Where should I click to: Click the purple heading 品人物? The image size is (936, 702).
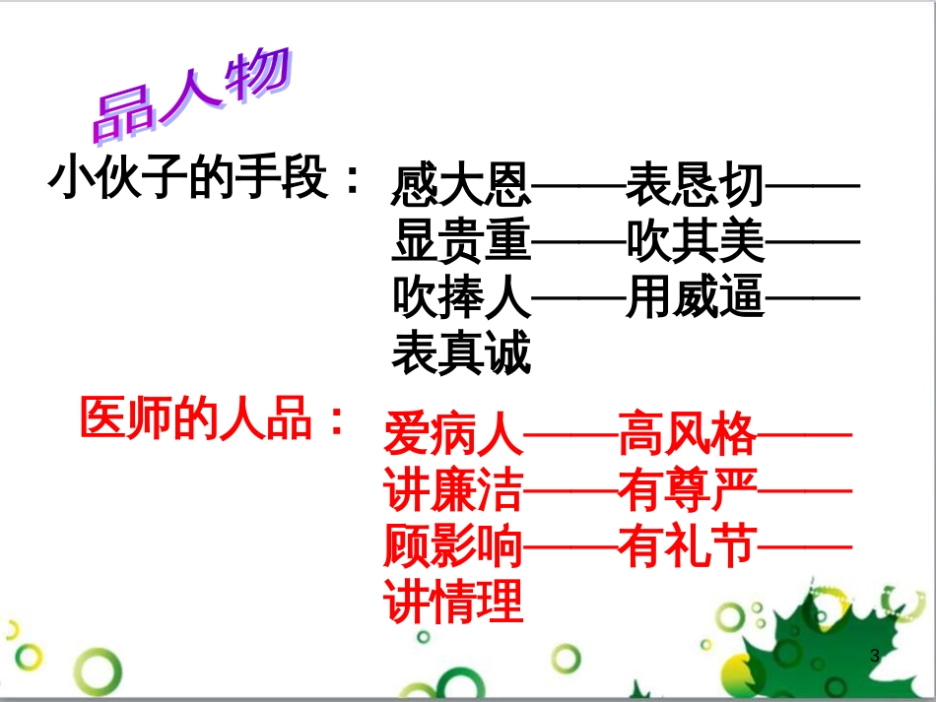pyautogui.click(x=192, y=96)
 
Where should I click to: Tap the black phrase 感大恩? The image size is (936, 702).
pyautogui.click(x=460, y=183)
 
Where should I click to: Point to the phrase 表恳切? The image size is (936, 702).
pyautogui.click(x=695, y=183)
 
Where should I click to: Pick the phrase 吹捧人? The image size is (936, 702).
pyautogui.click(x=460, y=297)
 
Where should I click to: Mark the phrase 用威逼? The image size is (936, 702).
pyautogui.click(x=695, y=297)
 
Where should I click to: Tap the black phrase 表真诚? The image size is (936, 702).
pyautogui.click(x=460, y=354)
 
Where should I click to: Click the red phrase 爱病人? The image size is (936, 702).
pyautogui.click(x=452, y=433)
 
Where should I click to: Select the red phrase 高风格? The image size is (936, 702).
pyautogui.click(x=687, y=433)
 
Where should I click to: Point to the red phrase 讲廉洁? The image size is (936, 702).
pyautogui.click(x=452, y=489)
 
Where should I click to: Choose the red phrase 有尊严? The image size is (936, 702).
pyautogui.click(x=687, y=489)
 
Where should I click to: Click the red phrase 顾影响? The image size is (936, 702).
pyautogui.click(x=452, y=546)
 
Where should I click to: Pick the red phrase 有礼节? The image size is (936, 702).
pyautogui.click(x=687, y=546)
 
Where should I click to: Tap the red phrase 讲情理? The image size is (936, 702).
pyautogui.click(x=452, y=603)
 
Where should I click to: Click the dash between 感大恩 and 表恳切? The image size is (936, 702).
pyautogui.click(x=577, y=184)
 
